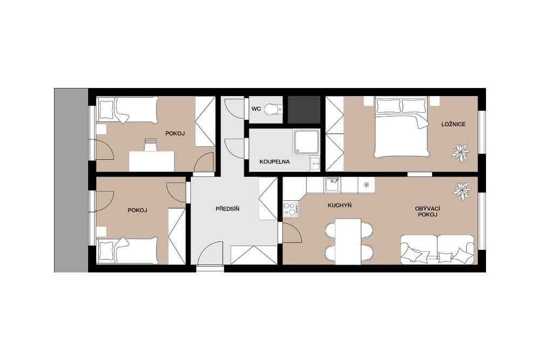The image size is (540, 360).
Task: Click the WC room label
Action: tap(256, 109)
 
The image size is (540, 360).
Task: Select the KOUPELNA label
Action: tap(274, 161)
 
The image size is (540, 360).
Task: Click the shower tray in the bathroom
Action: tap(306, 141)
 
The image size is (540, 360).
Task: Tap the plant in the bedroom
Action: tap(460, 152)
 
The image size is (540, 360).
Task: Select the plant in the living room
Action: tap(462, 191)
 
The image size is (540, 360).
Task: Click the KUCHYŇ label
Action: tap(340, 206)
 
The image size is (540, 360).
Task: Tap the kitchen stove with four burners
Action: tap(290, 208)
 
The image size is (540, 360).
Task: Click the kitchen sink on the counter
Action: tap(333, 184)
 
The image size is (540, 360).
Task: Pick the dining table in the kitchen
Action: tap(348, 241)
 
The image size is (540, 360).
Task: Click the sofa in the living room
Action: tap(437, 249)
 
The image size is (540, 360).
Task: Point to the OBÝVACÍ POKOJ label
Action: tap(426, 212)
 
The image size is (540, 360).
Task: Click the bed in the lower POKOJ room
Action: tap(128, 250)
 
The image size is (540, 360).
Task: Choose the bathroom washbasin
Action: tap(315, 162)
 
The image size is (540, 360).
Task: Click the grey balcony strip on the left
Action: tap(71, 180)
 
